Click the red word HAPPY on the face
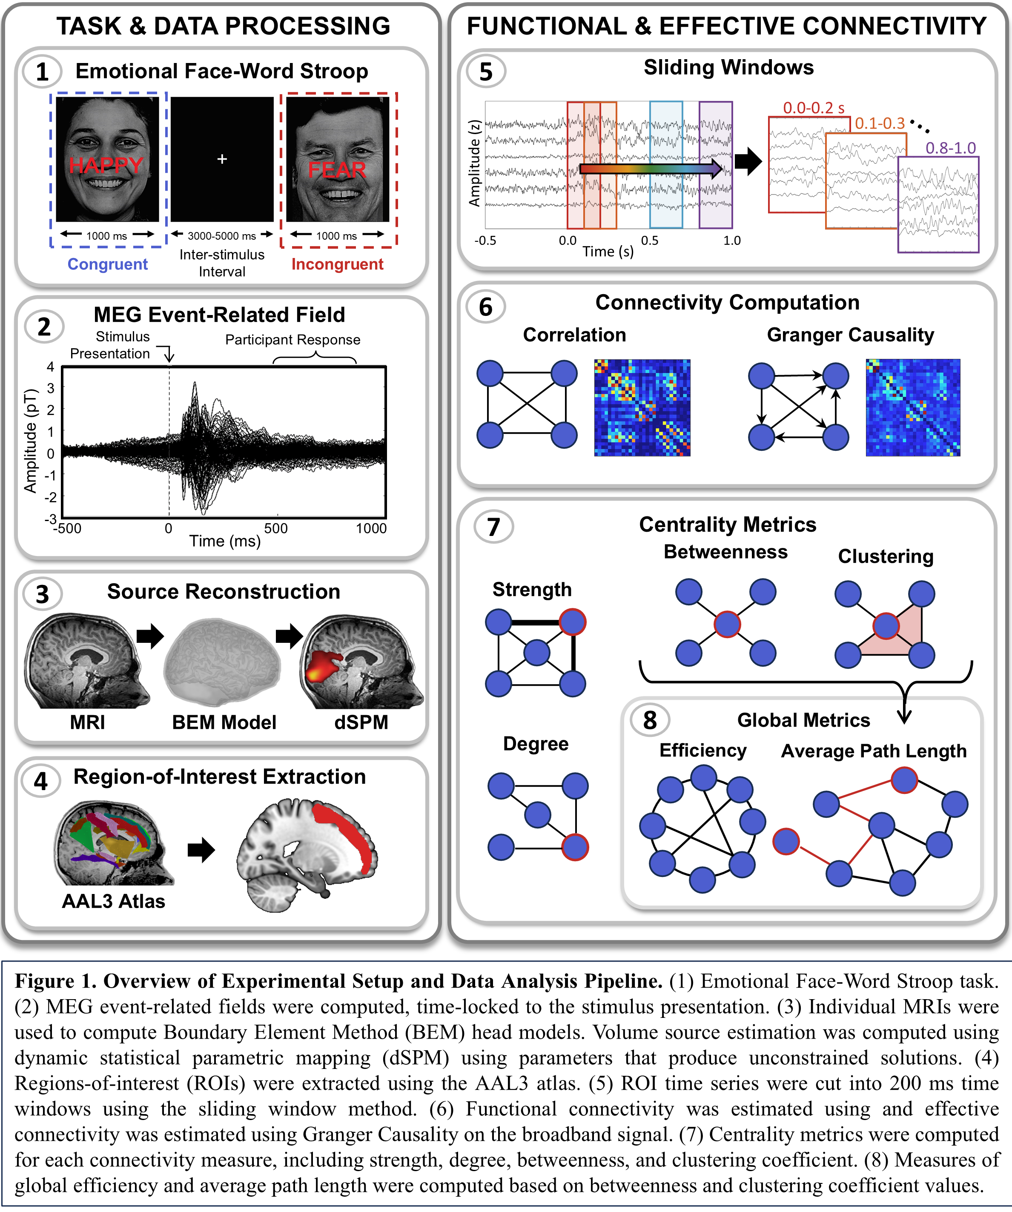[x=106, y=165]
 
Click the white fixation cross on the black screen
[x=222, y=159]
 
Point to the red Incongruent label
[x=337, y=264]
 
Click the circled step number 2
[x=44, y=327]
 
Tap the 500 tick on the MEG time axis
[x=276, y=528]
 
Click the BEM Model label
[x=224, y=722]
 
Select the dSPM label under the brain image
[x=361, y=722]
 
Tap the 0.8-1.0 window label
[x=950, y=148]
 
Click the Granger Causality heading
[x=850, y=335]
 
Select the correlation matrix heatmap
[x=642, y=407]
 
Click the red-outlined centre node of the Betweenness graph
[x=727, y=624]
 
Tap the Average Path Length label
[x=874, y=751]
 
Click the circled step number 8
[x=650, y=720]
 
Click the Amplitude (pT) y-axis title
[x=30, y=441]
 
